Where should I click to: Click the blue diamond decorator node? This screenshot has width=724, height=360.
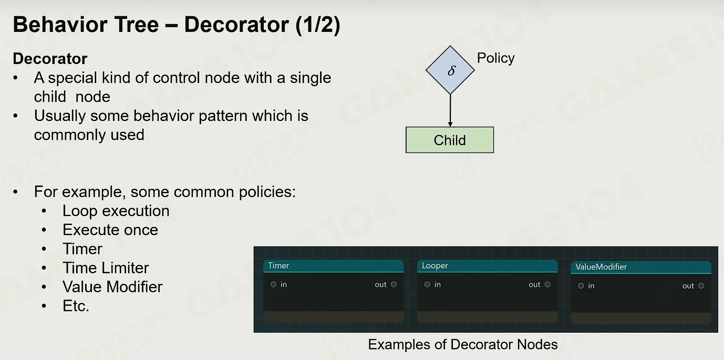[x=450, y=70]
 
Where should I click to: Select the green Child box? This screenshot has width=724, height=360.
[x=450, y=140]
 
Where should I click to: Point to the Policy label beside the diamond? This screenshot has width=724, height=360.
[x=495, y=58]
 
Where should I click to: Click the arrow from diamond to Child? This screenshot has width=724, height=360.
[x=450, y=110]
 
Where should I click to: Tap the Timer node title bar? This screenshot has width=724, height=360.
[x=333, y=266]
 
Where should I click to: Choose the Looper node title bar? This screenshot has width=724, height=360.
[x=487, y=266]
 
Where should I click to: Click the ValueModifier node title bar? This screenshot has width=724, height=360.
[x=641, y=267]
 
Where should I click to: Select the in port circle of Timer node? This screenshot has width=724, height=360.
[x=273, y=284]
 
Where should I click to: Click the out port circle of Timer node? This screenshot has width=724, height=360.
[x=394, y=284]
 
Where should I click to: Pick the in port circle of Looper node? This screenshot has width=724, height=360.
[x=427, y=284]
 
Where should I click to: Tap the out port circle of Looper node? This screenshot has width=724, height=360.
[x=547, y=284]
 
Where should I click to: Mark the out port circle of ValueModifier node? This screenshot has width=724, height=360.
[x=701, y=285]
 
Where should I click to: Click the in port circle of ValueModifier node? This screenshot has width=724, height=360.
[x=581, y=285]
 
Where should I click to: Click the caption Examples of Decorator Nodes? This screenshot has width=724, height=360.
[x=463, y=344]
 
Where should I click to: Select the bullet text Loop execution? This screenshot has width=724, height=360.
[x=116, y=211]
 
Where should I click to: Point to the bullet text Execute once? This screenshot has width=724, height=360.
[x=110, y=230]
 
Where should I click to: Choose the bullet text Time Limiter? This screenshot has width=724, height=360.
[x=106, y=268]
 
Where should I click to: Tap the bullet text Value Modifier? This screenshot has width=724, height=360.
[x=112, y=287]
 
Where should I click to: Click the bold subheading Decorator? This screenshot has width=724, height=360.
[x=50, y=58]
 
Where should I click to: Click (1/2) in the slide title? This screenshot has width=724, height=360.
[x=318, y=25]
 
